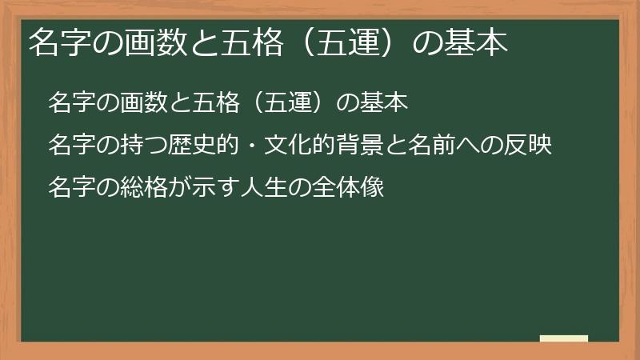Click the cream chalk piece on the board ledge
tap(563, 338)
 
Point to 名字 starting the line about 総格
tap(66, 188)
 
